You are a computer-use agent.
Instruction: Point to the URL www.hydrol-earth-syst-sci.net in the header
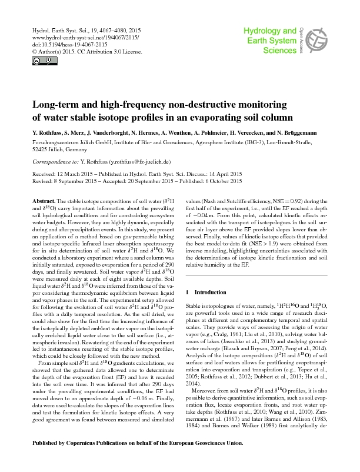pyautogui.click(x=67, y=36)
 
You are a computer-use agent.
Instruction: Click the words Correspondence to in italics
pyautogui.click(x=52, y=161)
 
